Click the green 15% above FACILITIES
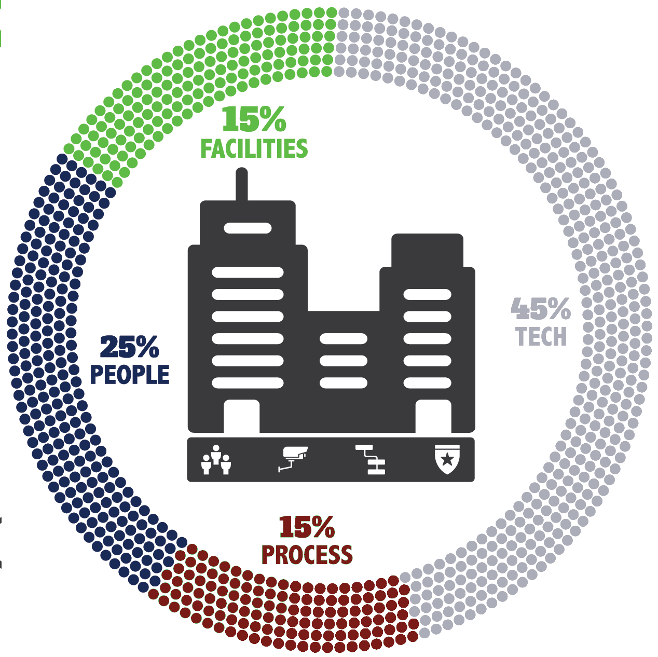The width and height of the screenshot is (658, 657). [254, 120]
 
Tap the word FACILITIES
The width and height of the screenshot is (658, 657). [254, 148]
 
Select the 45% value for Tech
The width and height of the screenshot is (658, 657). [541, 309]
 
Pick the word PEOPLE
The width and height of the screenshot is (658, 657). [130, 374]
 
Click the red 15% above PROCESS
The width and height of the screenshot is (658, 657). [307, 527]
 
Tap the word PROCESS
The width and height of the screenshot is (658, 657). [307, 554]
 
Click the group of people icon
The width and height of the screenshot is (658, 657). [216, 459]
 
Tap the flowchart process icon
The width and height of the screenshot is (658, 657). [370, 459]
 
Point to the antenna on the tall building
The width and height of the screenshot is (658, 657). [241, 184]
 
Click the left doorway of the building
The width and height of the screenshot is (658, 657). [242, 416]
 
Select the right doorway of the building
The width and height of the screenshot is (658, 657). [433, 416]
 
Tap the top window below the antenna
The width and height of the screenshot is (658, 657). [248, 228]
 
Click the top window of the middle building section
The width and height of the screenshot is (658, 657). [344, 339]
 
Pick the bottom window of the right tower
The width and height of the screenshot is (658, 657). [428, 383]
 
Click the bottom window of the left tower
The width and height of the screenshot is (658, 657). [248, 383]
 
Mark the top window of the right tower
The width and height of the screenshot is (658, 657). [428, 295]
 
